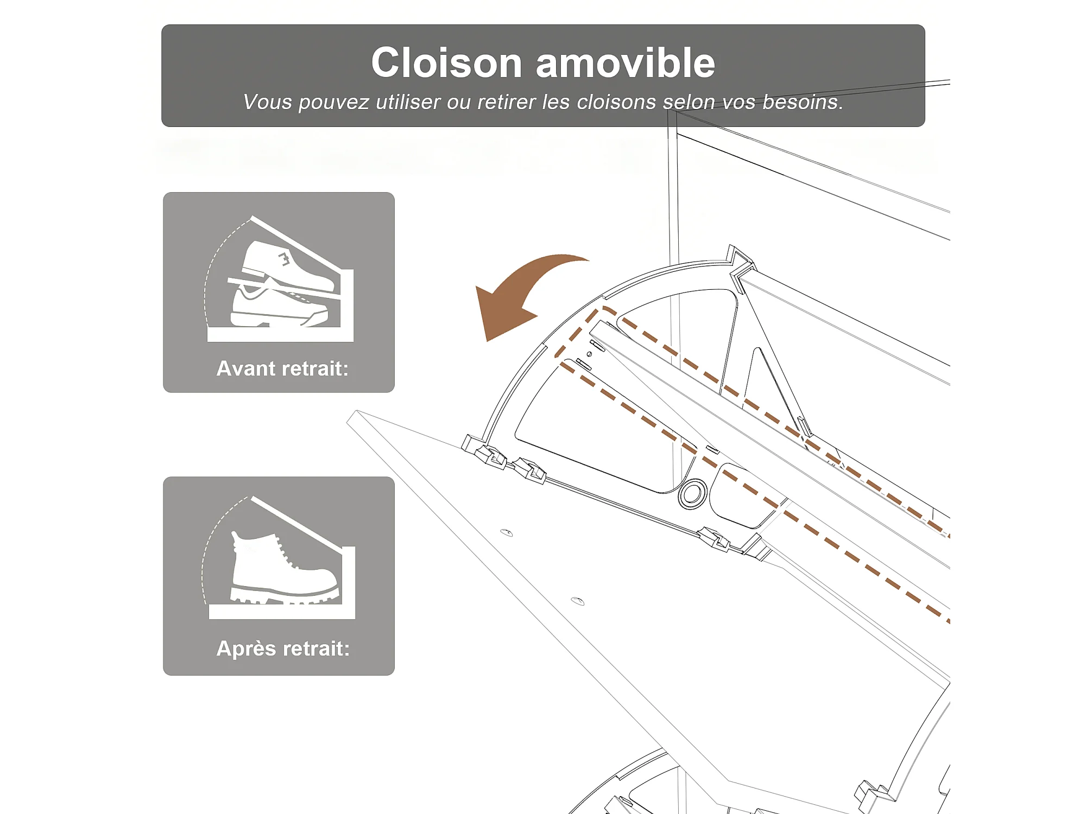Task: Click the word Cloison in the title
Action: coord(446,62)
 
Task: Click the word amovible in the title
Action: coord(626,62)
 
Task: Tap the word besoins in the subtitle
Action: coord(803,102)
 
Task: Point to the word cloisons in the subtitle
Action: coord(616,102)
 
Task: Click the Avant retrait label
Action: coord(282,369)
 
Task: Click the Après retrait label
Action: coord(283,648)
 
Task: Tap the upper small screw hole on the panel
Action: coord(507,532)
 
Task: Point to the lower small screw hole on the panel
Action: coord(578,601)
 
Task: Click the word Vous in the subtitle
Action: coord(268,102)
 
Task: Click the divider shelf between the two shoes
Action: coord(283,289)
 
